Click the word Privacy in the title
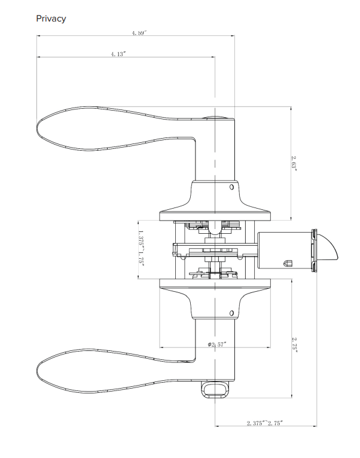51,19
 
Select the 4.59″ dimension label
139,33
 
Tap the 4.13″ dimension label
118,54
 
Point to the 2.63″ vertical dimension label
294,163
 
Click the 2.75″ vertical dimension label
295,345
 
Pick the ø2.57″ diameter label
217,344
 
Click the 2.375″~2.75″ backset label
265,423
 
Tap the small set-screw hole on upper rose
231,187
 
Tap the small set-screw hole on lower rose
231,313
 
